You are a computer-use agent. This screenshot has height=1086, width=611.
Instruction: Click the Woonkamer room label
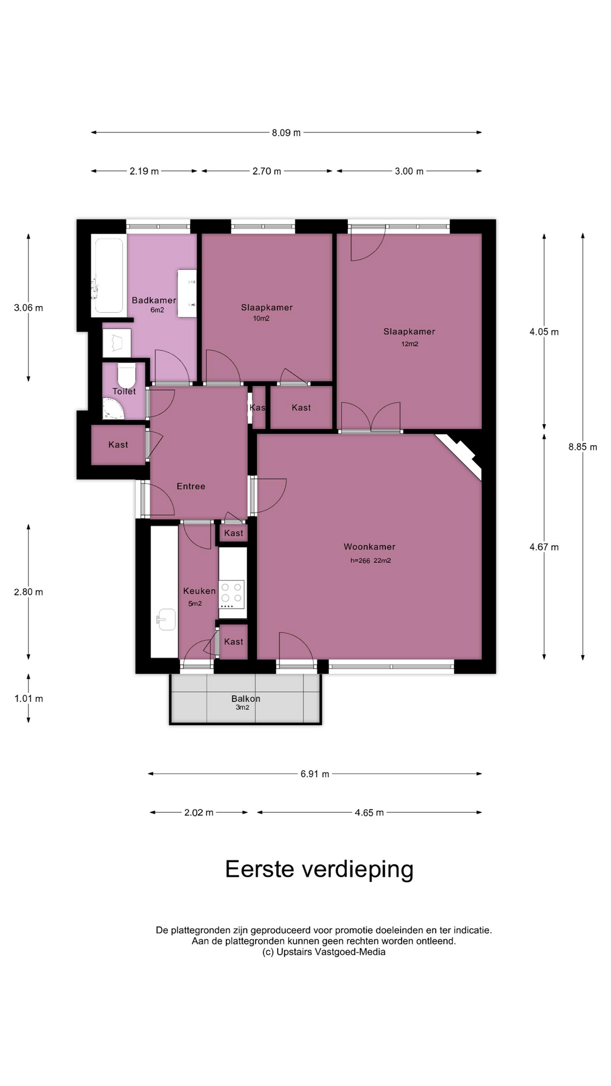pos(369,547)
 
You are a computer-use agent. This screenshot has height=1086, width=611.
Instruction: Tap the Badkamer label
pos(154,300)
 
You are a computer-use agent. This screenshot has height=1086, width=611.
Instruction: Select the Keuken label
pos(199,591)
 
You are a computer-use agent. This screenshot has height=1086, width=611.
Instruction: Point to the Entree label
pos(191,486)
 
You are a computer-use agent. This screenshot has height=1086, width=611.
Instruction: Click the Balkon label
pos(246,699)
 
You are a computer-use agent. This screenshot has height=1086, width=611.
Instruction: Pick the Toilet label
pos(124,391)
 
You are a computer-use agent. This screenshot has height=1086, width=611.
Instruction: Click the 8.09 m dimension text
pos(286,133)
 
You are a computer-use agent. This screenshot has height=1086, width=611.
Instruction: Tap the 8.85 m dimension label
pos(583,447)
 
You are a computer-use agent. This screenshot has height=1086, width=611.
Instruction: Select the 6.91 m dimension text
pos(315,774)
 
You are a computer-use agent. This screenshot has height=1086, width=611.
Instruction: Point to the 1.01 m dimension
pos(28,699)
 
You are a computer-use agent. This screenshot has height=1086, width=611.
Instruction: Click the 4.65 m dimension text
pos(369,813)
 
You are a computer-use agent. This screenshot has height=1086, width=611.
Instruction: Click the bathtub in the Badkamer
pos(108,275)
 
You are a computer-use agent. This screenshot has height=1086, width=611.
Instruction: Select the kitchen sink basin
pos(166,619)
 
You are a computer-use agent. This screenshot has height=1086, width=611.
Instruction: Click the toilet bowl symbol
pos(127,374)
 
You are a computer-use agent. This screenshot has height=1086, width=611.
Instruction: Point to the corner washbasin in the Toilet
pos(113,409)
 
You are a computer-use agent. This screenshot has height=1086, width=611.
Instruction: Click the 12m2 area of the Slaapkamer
pos(410,344)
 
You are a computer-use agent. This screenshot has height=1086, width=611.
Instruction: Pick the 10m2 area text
pos(261,318)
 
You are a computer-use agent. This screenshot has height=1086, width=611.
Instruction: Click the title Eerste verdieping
pos(320,869)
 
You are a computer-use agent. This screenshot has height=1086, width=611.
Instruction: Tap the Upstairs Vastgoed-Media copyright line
pos(324,952)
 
